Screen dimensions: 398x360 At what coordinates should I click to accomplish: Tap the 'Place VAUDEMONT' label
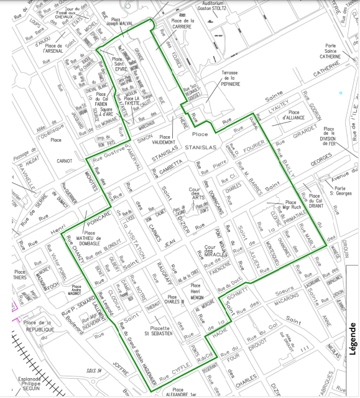pos(165,141)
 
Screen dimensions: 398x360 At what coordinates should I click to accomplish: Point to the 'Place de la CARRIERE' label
pos(183,24)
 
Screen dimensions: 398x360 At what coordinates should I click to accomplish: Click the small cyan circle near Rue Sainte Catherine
pos(341,93)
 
